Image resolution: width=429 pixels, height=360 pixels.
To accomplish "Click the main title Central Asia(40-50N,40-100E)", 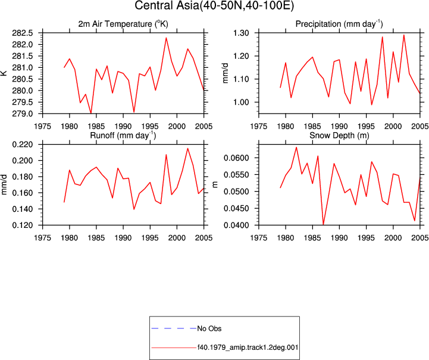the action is [214, 5].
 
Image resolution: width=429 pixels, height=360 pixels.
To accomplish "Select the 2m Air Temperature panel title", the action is [123, 24].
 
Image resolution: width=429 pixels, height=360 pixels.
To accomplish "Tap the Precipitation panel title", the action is [339, 24].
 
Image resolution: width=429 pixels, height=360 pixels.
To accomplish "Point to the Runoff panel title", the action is [123, 136].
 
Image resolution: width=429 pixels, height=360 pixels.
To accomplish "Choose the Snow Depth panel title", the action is [339, 136].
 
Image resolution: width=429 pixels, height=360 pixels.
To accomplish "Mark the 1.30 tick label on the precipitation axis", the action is [241, 33].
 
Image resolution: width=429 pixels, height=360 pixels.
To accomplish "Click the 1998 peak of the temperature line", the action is [166, 37].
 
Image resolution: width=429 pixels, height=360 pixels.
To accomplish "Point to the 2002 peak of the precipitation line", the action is [404, 35].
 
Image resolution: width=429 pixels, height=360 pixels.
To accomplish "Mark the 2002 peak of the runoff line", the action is [187, 148].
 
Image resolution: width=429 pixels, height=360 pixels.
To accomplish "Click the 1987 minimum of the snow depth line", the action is [324, 224].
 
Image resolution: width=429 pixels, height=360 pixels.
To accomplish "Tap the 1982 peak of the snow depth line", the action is [296, 147].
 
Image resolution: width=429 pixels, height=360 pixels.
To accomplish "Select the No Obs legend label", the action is [209, 328].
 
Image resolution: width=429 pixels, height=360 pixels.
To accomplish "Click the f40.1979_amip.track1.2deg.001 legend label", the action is [248, 348].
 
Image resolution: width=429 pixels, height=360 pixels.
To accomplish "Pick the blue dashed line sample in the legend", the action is [174, 328].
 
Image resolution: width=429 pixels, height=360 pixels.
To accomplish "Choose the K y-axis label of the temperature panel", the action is [4, 73].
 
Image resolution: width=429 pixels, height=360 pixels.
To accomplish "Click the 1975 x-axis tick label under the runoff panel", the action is [42, 238].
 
